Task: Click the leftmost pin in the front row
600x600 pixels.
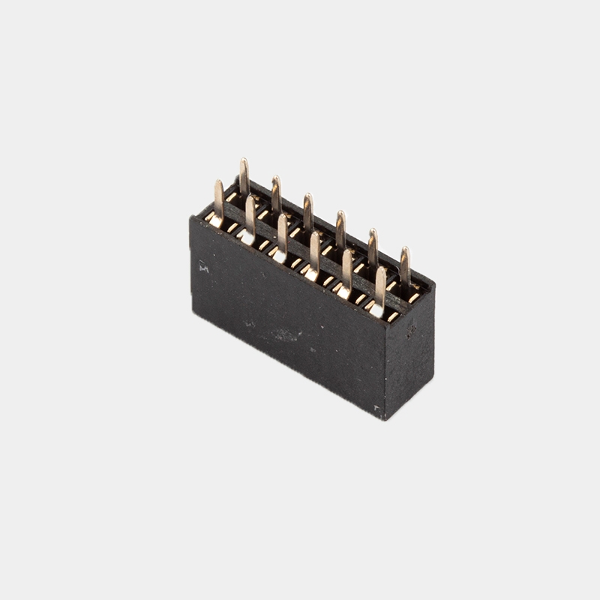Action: click(x=218, y=199)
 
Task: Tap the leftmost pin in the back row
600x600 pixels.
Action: click(x=244, y=177)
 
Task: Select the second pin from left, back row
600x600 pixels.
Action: click(x=276, y=194)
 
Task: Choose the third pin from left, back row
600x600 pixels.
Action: click(x=307, y=211)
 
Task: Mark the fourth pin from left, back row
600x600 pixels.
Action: click(x=340, y=229)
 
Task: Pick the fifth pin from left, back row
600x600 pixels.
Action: click(x=373, y=247)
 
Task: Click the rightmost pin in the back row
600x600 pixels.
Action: click(x=405, y=265)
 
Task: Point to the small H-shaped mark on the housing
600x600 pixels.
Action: click(x=203, y=265)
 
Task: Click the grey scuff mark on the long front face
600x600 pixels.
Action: click(x=285, y=334)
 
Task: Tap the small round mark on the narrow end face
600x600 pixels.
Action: click(x=411, y=327)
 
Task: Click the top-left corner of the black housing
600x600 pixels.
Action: click(x=191, y=218)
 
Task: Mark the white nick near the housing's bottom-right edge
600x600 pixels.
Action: click(x=376, y=409)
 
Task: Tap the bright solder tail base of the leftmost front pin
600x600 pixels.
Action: click(x=214, y=222)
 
